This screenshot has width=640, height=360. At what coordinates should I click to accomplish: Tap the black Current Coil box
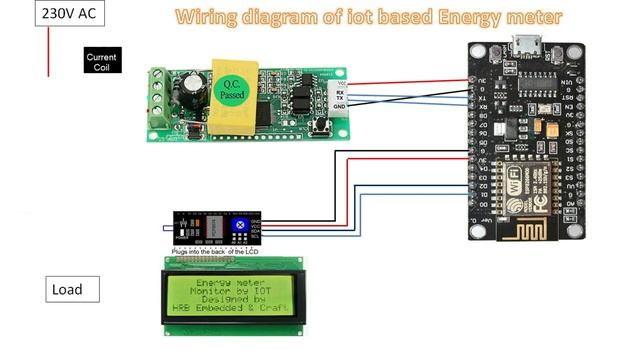click(101, 61)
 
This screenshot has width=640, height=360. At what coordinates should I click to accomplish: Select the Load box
click(75, 290)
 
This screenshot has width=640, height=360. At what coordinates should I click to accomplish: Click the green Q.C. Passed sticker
click(232, 88)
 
